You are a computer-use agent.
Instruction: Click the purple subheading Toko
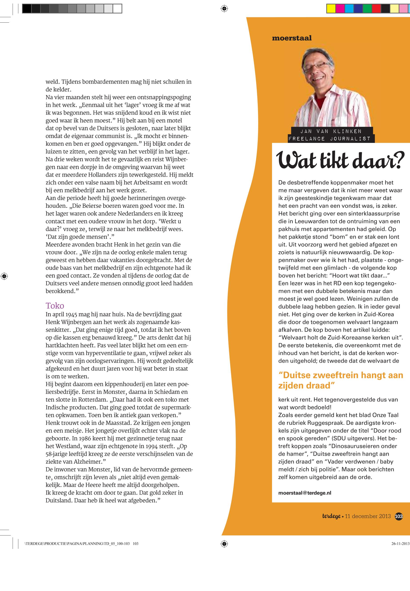55,306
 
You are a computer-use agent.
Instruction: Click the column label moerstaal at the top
292,38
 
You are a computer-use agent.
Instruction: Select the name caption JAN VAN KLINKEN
331,131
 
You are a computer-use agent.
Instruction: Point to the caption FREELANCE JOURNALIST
329,139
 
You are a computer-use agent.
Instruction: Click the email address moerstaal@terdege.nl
305,493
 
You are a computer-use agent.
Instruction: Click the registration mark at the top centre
224,9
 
